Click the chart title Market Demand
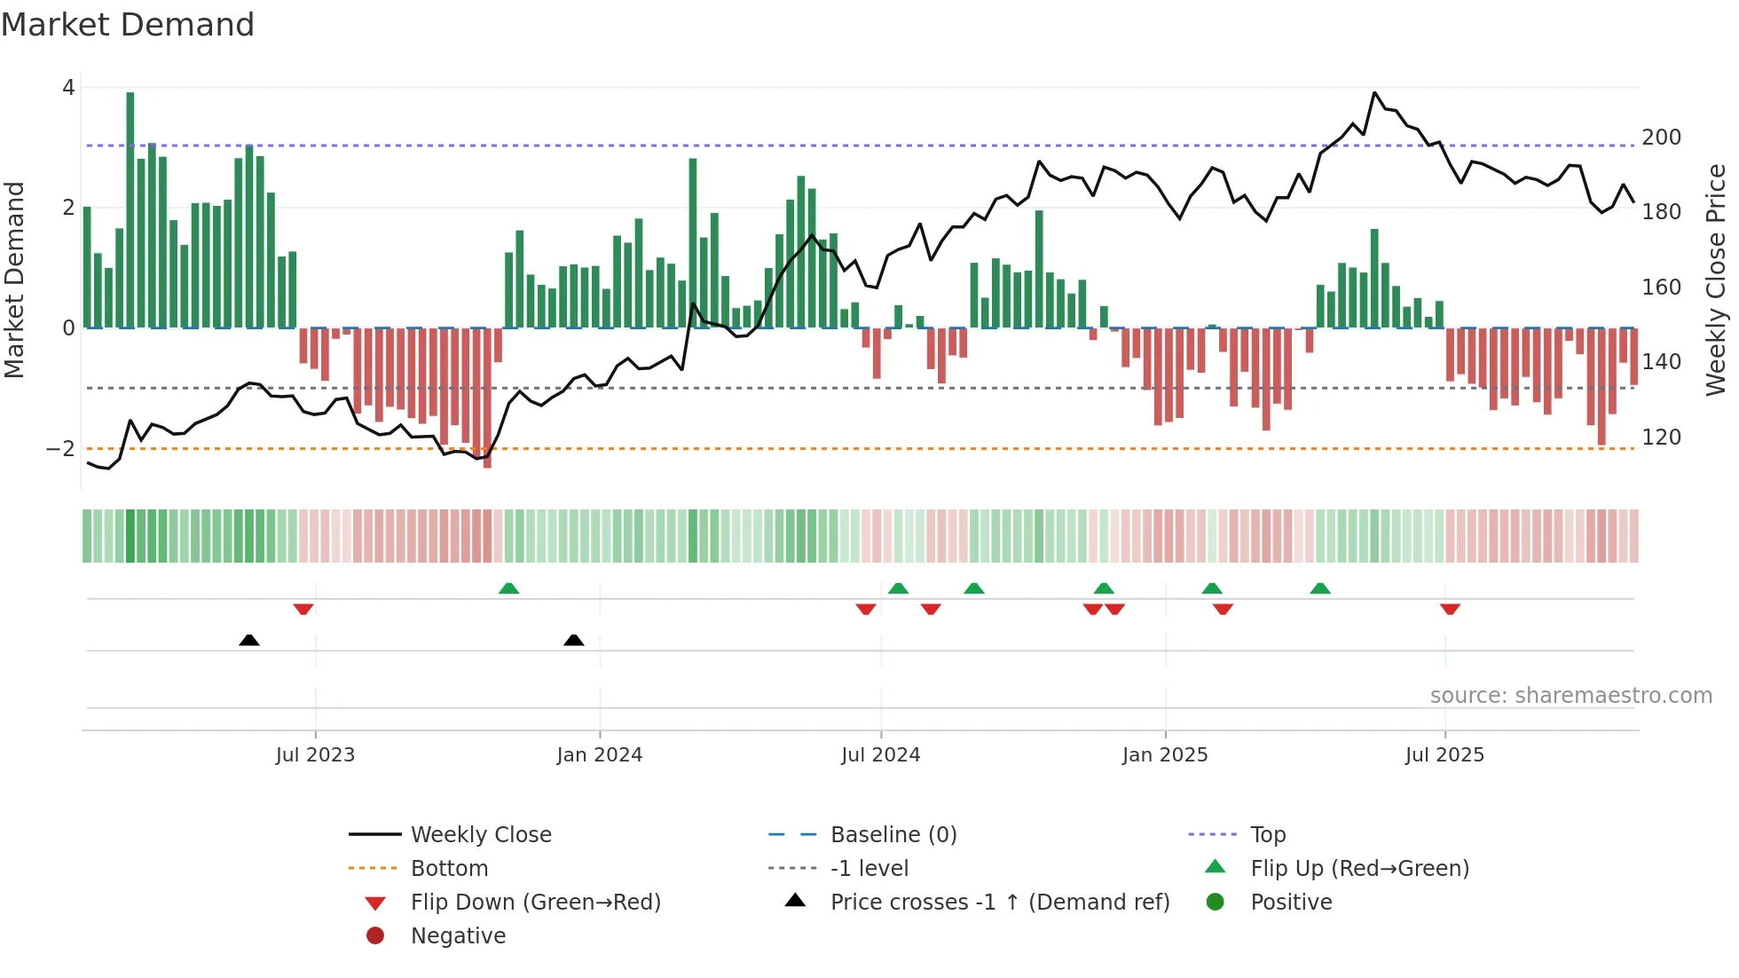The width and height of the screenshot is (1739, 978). click(128, 25)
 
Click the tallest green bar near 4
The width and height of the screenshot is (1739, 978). click(130, 209)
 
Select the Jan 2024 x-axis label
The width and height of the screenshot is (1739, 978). click(599, 755)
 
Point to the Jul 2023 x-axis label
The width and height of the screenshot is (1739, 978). click(315, 755)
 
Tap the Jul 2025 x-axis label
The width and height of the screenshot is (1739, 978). click(1444, 755)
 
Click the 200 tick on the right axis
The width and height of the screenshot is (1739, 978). click(1661, 138)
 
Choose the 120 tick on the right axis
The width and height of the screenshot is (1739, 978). click(1661, 438)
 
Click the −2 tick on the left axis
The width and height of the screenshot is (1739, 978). click(60, 449)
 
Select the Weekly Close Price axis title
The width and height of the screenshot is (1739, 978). click(1716, 280)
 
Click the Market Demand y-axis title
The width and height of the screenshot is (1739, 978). click(15, 280)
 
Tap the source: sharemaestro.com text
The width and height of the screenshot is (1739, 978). click(1570, 696)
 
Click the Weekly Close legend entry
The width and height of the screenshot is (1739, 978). click(480, 835)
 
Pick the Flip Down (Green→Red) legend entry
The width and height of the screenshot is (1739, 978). click(535, 903)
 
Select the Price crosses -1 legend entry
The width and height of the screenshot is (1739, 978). click(999, 903)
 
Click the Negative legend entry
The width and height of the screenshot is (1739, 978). click(458, 936)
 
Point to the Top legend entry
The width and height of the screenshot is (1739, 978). click(1267, 835)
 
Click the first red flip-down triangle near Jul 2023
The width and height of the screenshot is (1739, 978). click(303, 609)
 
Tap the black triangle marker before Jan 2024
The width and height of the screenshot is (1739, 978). click(574, 640)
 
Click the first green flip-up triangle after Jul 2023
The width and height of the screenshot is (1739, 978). click(508, 588)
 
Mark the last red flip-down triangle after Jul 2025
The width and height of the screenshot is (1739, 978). click(1450, 609)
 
